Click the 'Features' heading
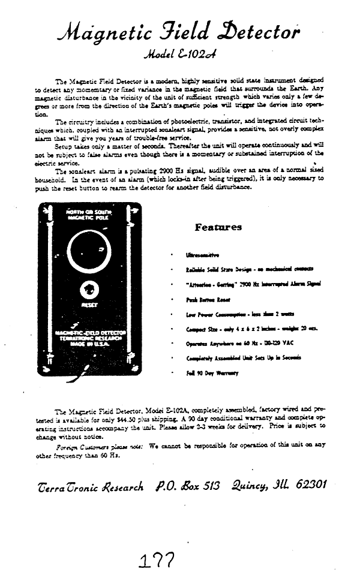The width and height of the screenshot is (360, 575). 218,227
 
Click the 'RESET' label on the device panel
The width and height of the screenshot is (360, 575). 89,305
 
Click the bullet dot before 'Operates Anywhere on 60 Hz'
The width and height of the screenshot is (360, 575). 173,344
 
